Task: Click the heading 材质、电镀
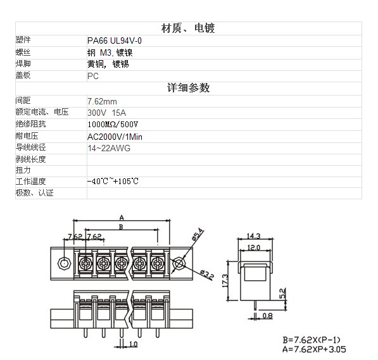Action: tap(188, 28)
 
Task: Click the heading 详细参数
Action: tap(188, 88)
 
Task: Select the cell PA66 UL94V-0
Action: tap(114, 40)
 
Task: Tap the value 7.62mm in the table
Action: tap(102, 101)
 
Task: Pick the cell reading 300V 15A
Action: tap(106, 113)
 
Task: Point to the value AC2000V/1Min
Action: tap(115, 137)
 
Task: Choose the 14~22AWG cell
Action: tap(109, 148)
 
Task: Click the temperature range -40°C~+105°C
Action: tap(113, 181)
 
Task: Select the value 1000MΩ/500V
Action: tap(113, 125)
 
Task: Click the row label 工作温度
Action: tap(30, 181)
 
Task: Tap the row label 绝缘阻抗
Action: tap(30, 124)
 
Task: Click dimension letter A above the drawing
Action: tap(122, 218)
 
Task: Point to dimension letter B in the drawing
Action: tap(121, 227)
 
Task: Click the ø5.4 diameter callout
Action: tap(198, 234)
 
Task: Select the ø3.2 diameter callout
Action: tap(207, 275)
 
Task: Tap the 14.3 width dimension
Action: tap(254, 235)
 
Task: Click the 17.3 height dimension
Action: tap(225, 281)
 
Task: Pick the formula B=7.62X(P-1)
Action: tap(312, 340)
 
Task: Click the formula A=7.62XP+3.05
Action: tap(314, 349)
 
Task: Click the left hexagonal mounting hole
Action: tap(65, 264)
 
